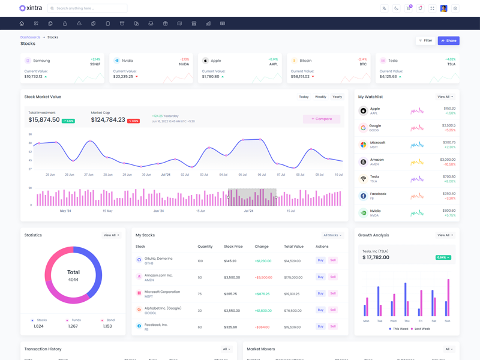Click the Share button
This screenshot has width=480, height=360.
point(449,41)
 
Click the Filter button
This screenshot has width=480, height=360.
point(425,41)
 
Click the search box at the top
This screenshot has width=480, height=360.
point(88,8)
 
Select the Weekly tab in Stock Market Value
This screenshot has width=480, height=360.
point(321,97)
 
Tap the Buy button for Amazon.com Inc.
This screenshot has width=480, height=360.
point(320,277)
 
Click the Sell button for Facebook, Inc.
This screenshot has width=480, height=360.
point(333,326)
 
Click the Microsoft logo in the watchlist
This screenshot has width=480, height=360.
point(363,145)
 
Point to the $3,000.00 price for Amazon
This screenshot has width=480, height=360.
point(448,160)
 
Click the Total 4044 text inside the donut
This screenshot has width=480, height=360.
point(73,276)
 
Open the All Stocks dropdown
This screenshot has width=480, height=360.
point(332,235)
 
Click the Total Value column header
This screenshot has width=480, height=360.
point(294,247)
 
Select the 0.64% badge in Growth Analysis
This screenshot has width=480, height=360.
point(443,257)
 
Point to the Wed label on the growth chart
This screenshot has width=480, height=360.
point(393,321)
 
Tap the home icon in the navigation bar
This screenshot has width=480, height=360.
point(22,23)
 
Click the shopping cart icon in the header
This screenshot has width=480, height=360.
point(409,8)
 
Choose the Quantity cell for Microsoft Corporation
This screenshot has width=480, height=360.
point(200,293)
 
